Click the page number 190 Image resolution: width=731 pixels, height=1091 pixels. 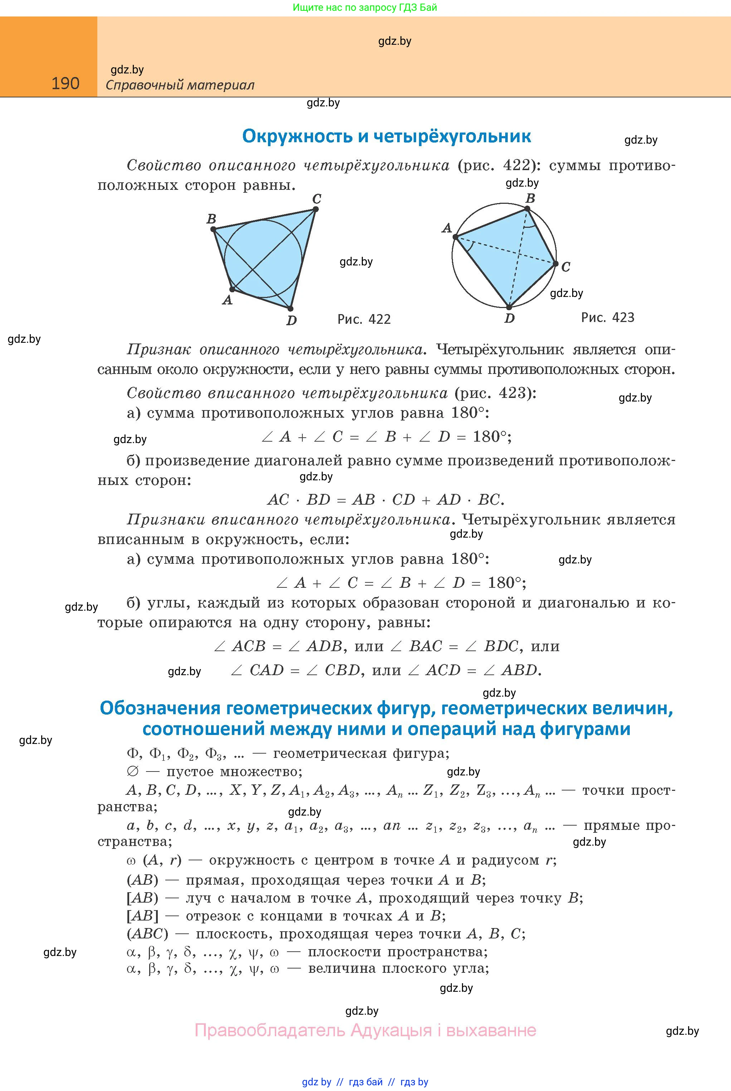[x=65, y=83]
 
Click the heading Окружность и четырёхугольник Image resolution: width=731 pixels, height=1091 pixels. [x=386, y=136]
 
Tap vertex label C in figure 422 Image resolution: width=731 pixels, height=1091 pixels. [x=317, y=199]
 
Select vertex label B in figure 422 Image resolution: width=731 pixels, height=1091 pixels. [x=211, y=219]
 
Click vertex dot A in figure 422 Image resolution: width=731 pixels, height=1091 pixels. [x=232, y=289]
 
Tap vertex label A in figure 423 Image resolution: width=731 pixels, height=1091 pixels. [x=447, y=228]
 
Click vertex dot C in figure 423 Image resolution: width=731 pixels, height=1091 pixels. [x=556, y=264]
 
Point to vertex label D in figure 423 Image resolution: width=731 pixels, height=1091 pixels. [x=510, y=319]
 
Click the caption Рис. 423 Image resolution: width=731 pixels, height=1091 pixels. [x=608, y=318]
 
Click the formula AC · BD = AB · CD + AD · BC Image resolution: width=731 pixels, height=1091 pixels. [x=386, y=500]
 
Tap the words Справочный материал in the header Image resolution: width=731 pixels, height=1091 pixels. [x=180, y=85]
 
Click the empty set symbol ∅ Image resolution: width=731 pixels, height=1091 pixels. [x=132, y=772]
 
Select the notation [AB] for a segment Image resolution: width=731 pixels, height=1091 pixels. [x=142, y=915]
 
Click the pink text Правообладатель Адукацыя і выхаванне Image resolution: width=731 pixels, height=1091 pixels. [x=365, y=1030]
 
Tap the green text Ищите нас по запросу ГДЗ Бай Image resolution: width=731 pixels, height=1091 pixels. [x=365, y=8]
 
